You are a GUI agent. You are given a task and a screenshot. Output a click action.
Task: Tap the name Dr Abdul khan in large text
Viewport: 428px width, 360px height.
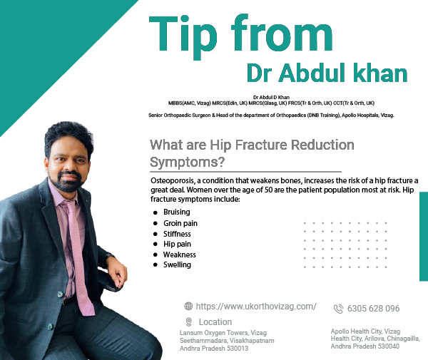[327, 73]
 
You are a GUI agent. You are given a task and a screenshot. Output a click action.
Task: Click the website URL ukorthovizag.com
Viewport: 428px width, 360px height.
[256, 307]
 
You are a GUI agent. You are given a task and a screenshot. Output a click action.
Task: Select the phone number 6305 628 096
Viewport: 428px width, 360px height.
[373, 309]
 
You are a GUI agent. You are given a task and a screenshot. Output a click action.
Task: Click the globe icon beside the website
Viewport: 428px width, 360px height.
[188, 306]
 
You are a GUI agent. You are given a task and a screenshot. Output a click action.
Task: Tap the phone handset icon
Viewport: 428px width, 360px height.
[338, 309]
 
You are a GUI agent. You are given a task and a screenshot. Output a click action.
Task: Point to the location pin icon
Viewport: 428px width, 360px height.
[188, 322]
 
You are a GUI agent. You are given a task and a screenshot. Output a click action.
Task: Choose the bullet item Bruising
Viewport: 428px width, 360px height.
[177, 212]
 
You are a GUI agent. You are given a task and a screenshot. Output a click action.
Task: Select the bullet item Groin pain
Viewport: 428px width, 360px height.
[180, 223]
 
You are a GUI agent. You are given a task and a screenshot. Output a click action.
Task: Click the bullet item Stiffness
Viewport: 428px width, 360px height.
[177, 234]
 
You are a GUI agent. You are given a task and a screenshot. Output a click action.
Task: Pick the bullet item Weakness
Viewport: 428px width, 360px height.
[179, 254]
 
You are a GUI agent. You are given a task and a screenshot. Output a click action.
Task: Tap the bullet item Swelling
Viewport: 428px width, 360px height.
[177, 264]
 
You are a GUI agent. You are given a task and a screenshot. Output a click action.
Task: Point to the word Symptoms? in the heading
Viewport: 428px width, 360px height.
[187, 162]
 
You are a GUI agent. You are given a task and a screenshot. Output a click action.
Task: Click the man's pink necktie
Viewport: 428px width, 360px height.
[80, 257]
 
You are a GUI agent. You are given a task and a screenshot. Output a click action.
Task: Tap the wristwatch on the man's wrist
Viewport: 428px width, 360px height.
[108, 258]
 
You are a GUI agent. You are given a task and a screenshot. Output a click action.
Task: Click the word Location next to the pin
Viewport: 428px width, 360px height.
[215, 322]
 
